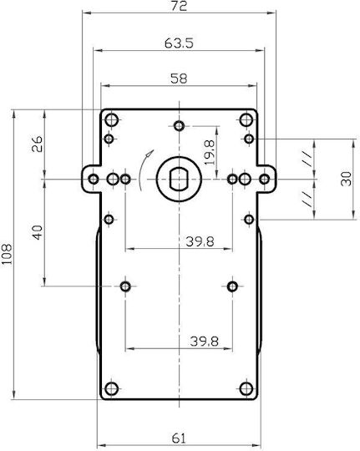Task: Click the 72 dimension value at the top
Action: (179, 6)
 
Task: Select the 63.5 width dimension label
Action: (179, 43)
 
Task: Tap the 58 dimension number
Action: (179, 79)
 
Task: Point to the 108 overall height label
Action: (7, 254)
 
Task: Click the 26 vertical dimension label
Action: (38, 144)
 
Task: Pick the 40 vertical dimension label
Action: (38, 232)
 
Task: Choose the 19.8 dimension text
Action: (210, 153)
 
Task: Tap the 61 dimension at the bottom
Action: (179, 438)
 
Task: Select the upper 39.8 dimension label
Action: (200, 241)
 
